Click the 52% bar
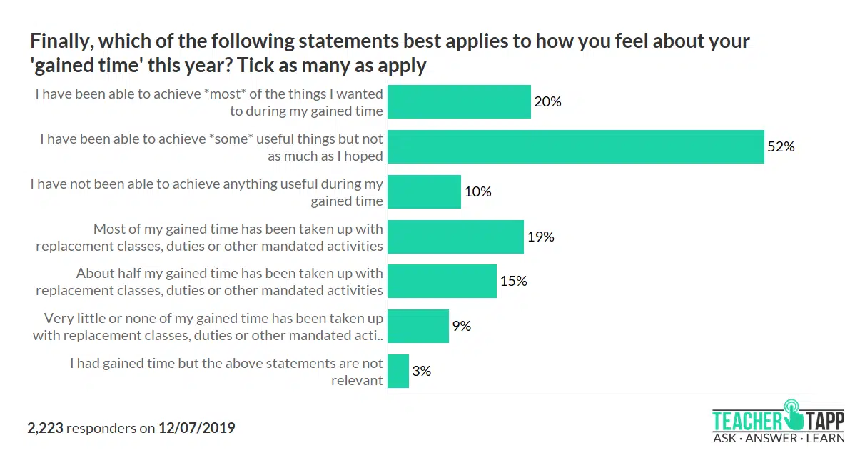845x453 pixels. [575, 147]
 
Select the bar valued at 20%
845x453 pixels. [459, 102]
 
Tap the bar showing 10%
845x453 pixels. [424, 191]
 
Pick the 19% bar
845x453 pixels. [455, 237]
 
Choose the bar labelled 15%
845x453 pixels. [442, 281]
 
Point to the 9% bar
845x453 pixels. [418, 326]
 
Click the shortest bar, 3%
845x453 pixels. [398, 371]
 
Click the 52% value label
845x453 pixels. [781, 147]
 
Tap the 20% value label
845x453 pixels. [547, 102]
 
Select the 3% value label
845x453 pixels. [421, 371]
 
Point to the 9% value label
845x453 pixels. [461, 326]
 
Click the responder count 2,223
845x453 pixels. [45, 428]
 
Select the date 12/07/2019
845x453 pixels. [196, 428]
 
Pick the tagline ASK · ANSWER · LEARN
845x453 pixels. [778, 438]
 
